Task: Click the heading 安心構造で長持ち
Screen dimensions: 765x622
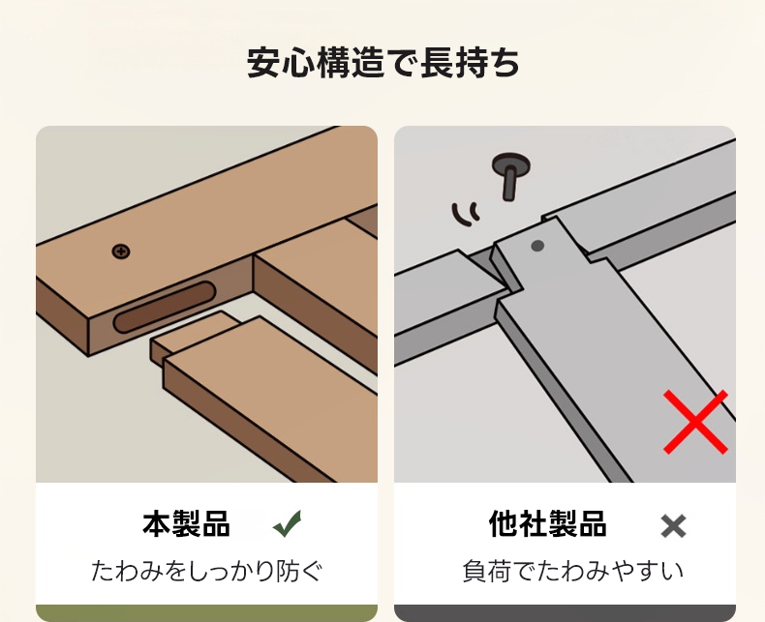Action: pos(383,63)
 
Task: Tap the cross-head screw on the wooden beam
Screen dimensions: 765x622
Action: pos(121,252)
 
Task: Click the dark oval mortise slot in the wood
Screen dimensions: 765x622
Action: pos(165,307)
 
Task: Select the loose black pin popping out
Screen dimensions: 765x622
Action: pos(510,174)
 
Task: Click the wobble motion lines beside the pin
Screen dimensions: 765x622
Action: pos(466,214)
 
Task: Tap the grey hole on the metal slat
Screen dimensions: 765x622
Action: pos(537,246)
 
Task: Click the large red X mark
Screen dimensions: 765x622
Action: pos(695,422)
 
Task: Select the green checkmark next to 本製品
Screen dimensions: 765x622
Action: pos(288,523)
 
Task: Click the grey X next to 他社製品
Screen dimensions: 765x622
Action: pos(673,526)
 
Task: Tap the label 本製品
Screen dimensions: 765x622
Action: pos(186,524)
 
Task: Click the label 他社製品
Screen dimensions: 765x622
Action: pos(547,524)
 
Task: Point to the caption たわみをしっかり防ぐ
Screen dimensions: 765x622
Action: pos(207,571)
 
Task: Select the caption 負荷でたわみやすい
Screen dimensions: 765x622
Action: pos(572,571)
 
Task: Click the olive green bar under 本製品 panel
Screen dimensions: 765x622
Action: pos(207,613)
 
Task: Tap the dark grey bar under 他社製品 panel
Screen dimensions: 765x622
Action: pos(565,613)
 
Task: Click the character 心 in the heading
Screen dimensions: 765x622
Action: pos(298,63)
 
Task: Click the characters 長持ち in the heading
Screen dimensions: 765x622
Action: pos(470,63)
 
